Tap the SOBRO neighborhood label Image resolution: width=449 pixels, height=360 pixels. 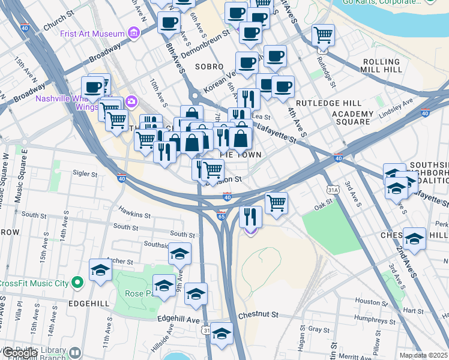(209, 66)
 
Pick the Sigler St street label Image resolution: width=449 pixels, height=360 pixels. (85, 174)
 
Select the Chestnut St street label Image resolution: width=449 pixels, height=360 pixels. (259, 314)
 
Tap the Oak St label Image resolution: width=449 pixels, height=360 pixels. (323, 208)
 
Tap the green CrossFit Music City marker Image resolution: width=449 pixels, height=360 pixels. (76, 282)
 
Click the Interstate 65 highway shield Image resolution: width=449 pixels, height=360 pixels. (221, 215)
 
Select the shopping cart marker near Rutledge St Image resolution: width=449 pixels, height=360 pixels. (324, 35)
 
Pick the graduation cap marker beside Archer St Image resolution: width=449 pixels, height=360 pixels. (100, 271)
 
